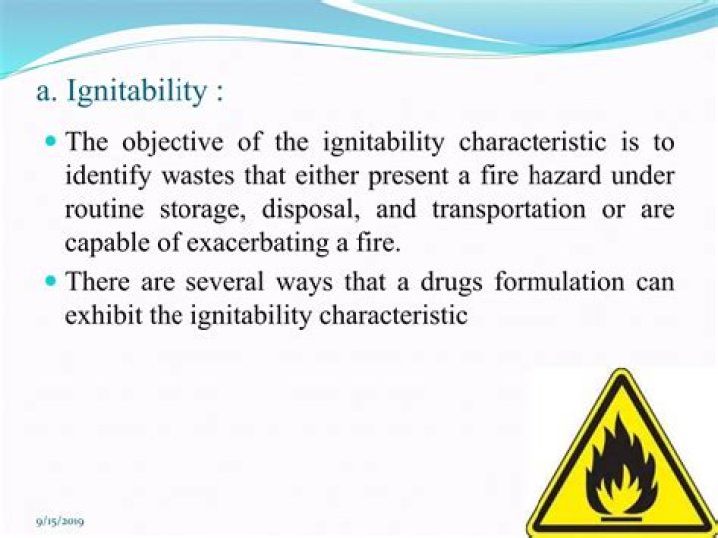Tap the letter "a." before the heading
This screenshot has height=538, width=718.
pyautogui.click(x=45, y=92)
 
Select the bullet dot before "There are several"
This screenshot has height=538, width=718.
pyautogui.click(x=53, y=281)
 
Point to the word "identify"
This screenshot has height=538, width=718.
pyautogui.click(x=104, y=177)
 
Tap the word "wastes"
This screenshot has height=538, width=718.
pyautogui.click(x=195, y=177)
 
